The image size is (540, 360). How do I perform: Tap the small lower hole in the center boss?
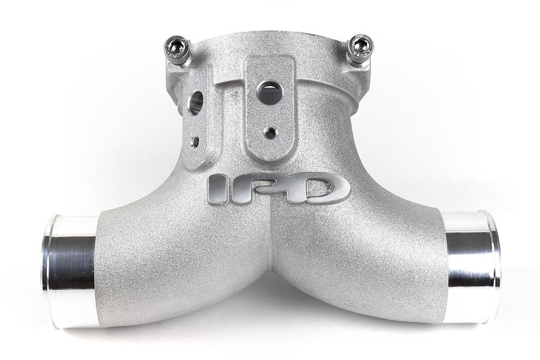[x=268, y=132]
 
